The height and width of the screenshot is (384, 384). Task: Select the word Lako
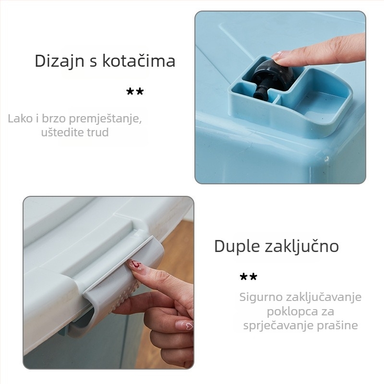[x=20, y=118]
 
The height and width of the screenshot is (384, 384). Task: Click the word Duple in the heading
[x=236, y=246]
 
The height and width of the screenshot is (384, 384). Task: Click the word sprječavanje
[x=277, y=325]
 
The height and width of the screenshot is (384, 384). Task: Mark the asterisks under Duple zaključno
[x=249, y=277]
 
